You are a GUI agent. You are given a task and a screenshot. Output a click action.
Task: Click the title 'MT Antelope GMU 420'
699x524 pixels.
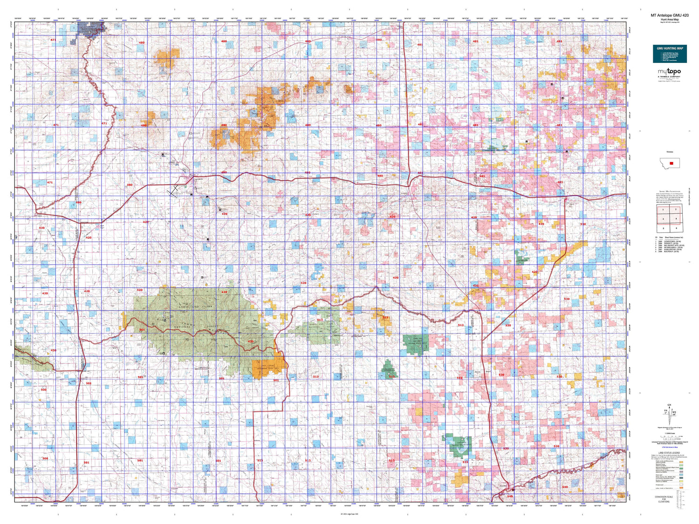pyautogui.click(x=669, y=15)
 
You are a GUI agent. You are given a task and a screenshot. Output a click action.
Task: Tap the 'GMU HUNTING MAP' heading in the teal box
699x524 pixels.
pyautogui.click(x=670, y=48)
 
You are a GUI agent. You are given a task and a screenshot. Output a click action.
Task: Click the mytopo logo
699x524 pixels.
pyautogui.click(x=669, y=72)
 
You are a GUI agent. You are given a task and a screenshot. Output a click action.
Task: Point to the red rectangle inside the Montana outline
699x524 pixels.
pyautogui.click(x=671, y=163)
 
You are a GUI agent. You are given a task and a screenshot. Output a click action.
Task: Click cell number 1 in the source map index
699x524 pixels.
pyautogui.click(x=663, y=210)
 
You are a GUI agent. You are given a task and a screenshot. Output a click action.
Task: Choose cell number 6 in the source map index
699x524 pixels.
pyautogui.click(x=676, y=228)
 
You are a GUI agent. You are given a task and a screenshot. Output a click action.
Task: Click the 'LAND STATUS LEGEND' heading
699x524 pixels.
pyautogui.click(x=669, y=453)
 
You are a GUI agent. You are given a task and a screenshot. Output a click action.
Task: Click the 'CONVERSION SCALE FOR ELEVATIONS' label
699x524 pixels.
pyautogui.click(x=664, y=499)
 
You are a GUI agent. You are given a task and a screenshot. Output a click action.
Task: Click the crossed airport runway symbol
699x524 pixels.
pyautogui.click(x=174, y=191)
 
